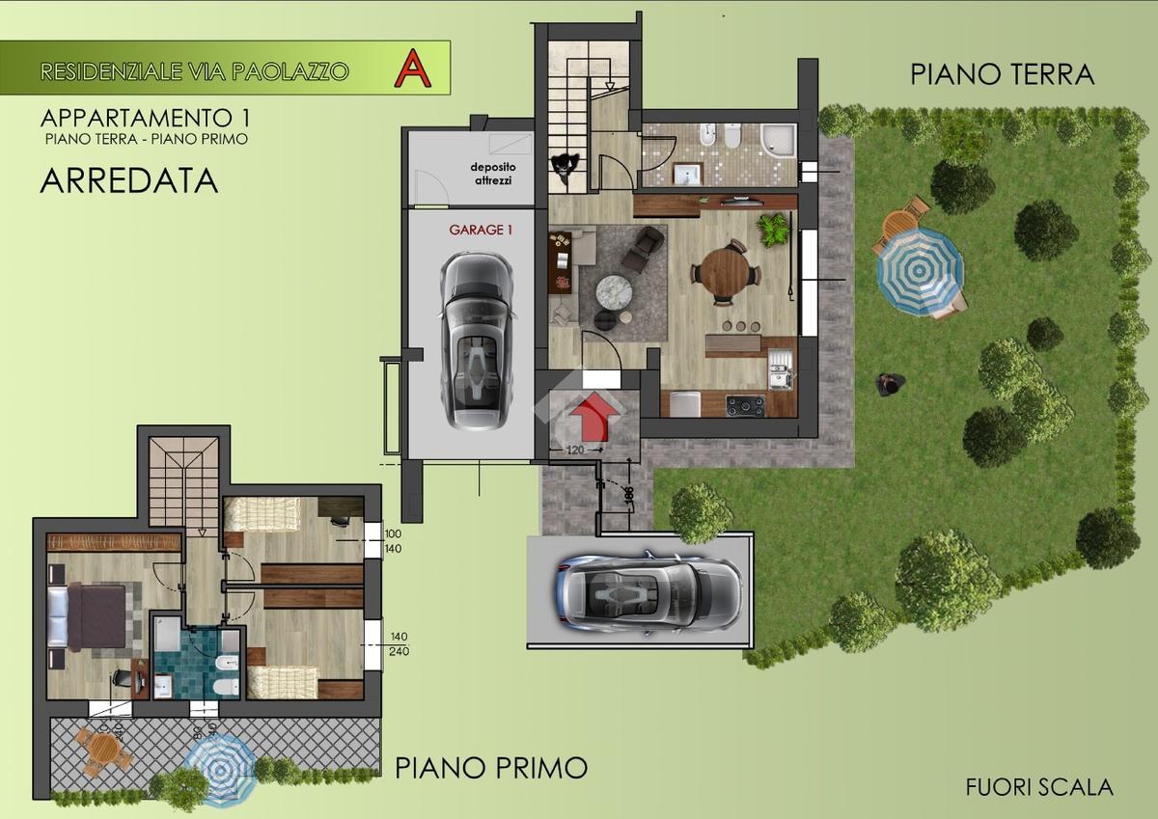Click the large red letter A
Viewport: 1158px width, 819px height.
coord(412,68)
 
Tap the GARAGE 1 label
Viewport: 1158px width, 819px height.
coord(481,230)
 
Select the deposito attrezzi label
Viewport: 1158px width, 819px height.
coord(493,174)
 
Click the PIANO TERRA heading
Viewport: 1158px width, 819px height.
coord(1002,74)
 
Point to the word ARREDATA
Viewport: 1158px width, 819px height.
coord(128,180)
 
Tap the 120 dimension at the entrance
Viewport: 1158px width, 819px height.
coord(575,450)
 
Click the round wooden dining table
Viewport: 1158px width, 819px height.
coord(726,271)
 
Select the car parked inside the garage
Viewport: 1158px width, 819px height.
coord(476,341)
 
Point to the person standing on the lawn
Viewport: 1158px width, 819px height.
coord(889,385)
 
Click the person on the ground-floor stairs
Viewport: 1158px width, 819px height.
coord(566,167)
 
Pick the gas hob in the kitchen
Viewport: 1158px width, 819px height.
coord(745,405)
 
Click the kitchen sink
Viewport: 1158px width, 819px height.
coord(778,368)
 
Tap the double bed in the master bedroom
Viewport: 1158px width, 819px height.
coord(87,617)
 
